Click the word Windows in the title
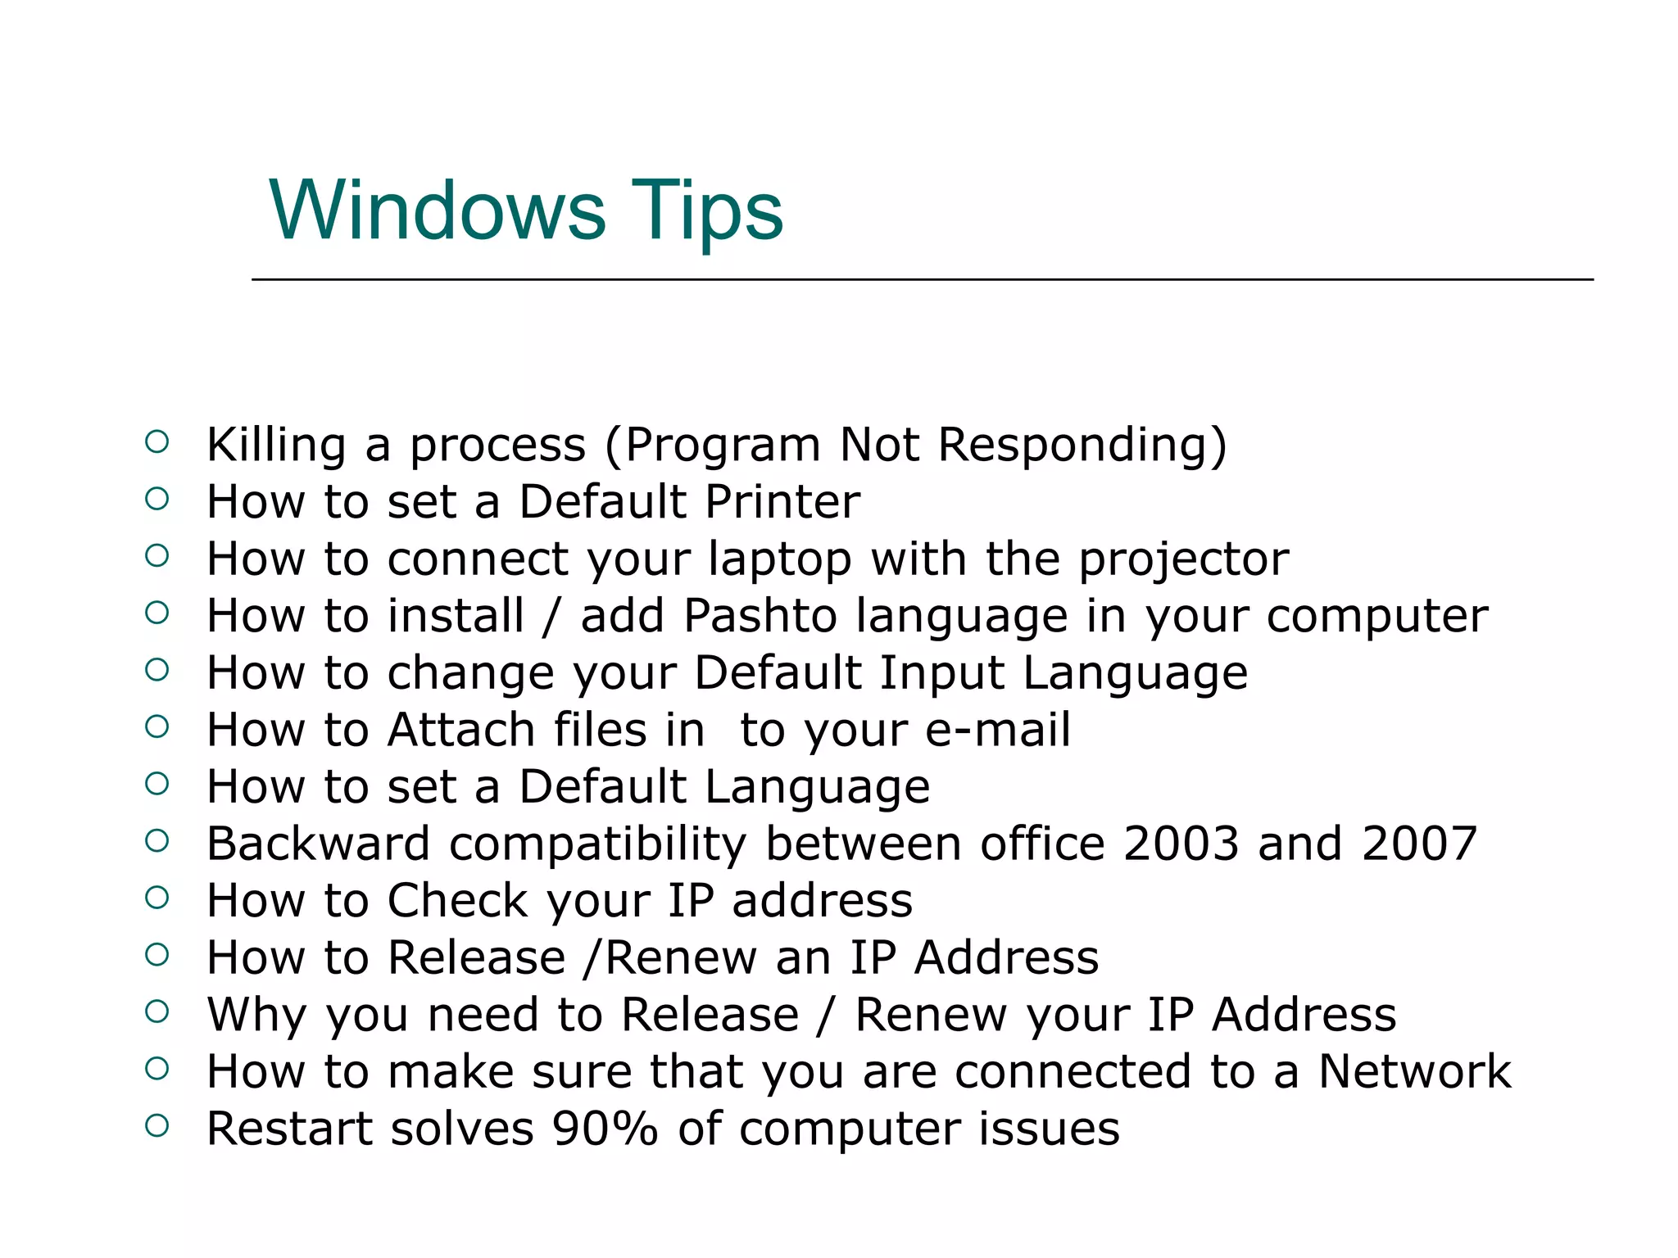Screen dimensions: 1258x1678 tap(437, 210)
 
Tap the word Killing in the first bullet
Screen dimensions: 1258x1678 tap(276, 446)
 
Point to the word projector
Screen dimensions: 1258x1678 tap(1183, 560)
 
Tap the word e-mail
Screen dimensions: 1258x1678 tap(997, 730)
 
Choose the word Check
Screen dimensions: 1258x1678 tap(457, 901)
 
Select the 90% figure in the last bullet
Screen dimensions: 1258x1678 tap(605, 1129)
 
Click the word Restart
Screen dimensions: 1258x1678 tap(288, 1129)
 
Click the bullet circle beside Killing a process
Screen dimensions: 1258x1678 tap(156, 442)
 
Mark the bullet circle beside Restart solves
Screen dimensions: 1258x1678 tap(156, 1125)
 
